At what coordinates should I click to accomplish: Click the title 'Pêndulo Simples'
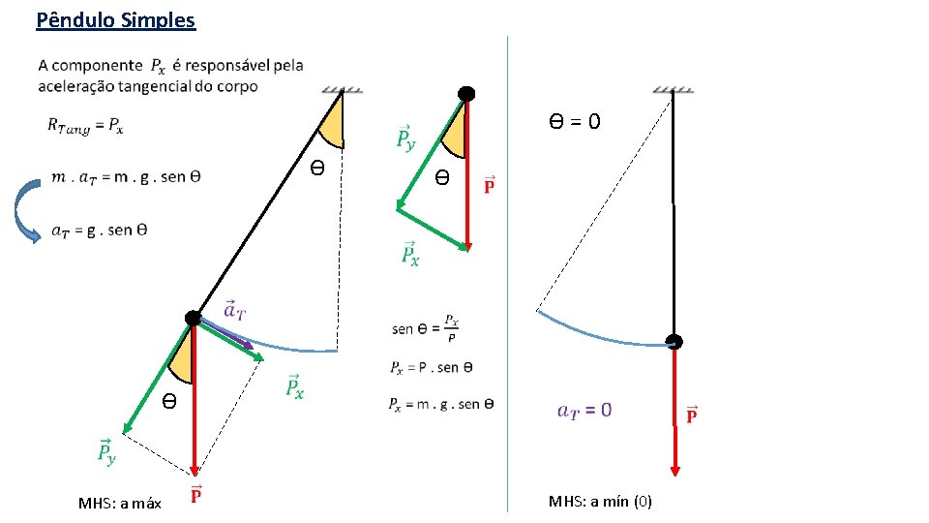coord(115,19)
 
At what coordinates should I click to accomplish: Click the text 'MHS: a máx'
coord(120,503)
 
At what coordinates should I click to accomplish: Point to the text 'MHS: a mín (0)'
coord(600,501)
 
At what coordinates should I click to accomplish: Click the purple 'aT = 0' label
coord(584,410)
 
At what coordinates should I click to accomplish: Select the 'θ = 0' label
coord(575,121)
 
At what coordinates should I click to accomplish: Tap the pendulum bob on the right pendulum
coord(674,342)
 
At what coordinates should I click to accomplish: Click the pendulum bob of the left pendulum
coord(194,318)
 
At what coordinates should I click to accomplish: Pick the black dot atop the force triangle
coord(466,94)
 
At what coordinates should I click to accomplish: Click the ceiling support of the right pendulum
coord(673,90)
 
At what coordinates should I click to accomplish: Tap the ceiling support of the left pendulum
coord(343,90)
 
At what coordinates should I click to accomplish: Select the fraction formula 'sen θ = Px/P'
coord(425,327)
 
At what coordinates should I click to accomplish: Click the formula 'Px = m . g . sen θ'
coord(440,404)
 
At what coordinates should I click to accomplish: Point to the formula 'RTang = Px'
coord(85,125)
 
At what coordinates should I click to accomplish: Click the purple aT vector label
coord(234,309)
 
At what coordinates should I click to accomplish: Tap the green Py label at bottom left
coord(106,450)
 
